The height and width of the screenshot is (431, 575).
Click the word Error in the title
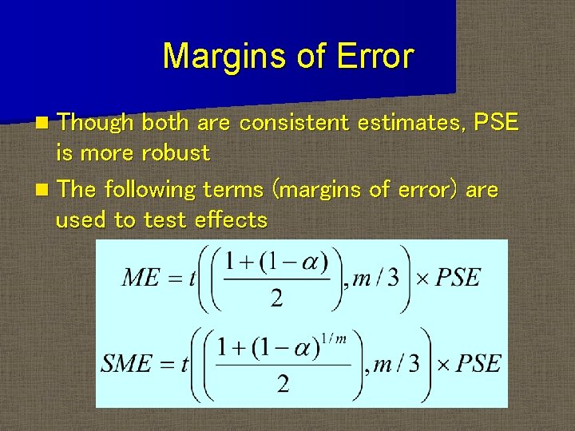375,57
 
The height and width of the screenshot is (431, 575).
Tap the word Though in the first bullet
95,123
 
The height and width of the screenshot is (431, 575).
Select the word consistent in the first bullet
295,123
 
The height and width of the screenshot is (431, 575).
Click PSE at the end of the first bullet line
496,123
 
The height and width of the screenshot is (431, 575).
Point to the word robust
176,152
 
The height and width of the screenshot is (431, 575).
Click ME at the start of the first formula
141,278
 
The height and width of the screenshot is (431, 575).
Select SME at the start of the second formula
126,364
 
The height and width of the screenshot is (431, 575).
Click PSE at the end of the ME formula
458,278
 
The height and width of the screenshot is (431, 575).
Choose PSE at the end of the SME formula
478,364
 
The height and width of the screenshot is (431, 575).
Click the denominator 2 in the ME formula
276,299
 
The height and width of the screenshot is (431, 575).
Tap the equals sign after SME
165,365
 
